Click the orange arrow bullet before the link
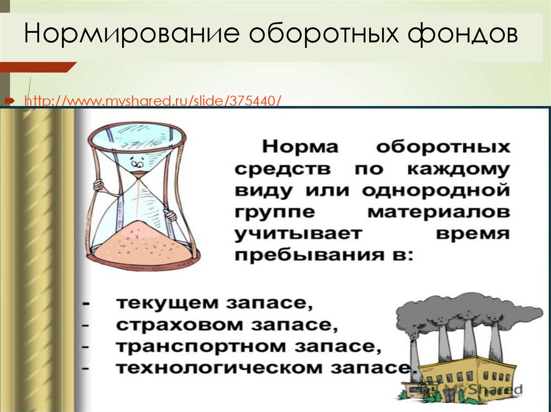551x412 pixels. click(9, 100)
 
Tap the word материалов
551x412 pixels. click(439, 212)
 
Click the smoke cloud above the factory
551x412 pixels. click(463, 312)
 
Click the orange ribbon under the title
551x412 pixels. click(35, 67)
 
